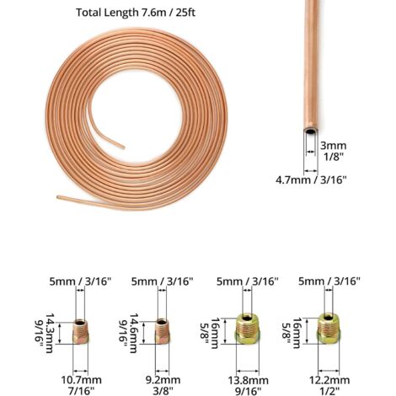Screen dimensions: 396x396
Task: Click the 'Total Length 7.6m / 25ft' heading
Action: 136,13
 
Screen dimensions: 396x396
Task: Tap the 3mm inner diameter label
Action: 334,146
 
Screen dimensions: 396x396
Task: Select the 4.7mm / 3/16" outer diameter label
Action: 311,179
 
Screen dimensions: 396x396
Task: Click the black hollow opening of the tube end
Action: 310,131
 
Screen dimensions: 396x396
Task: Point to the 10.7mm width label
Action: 82,380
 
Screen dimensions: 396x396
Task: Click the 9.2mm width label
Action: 163,380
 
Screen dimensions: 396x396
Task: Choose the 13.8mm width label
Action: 248,381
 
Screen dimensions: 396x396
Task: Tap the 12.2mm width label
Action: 329,380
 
